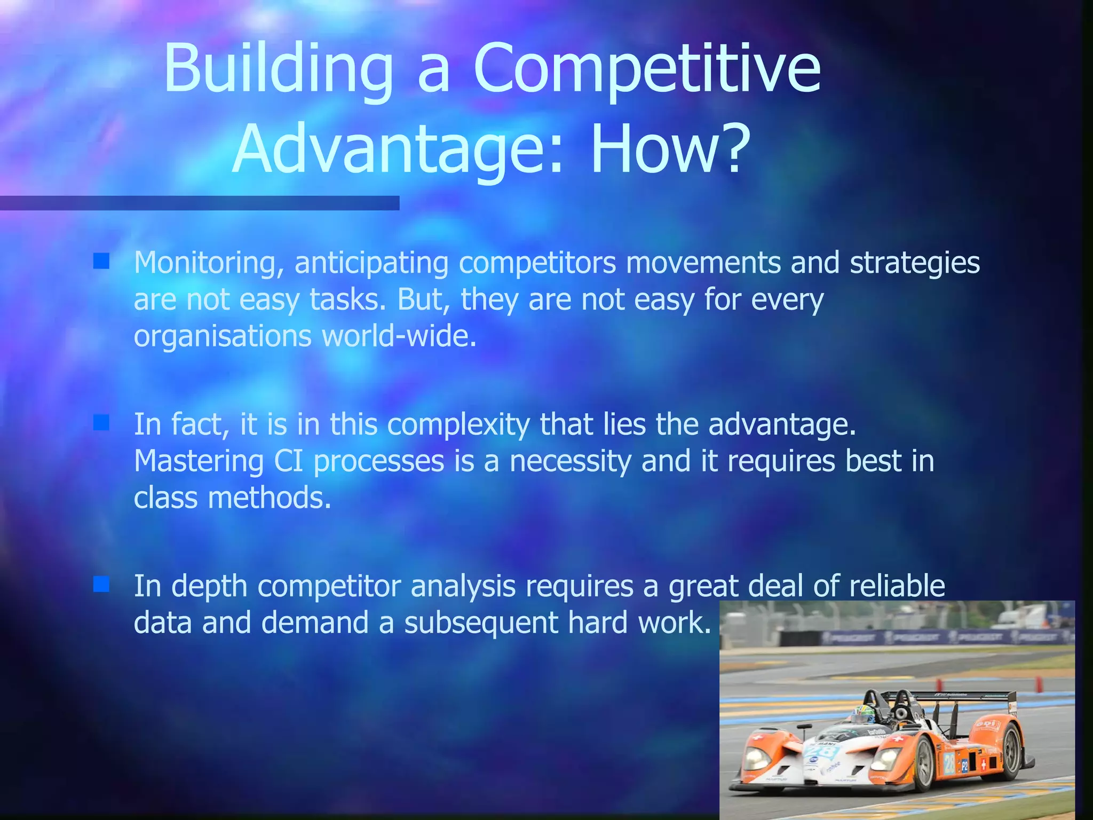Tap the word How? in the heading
(671, 150)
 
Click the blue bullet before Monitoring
(101, 261)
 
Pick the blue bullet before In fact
(101, 423)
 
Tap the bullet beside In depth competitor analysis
(101, 584)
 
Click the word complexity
(458, 425)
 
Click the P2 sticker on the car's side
(965, 767)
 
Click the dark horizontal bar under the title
(199, 203)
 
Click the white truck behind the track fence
(1022, 617)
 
